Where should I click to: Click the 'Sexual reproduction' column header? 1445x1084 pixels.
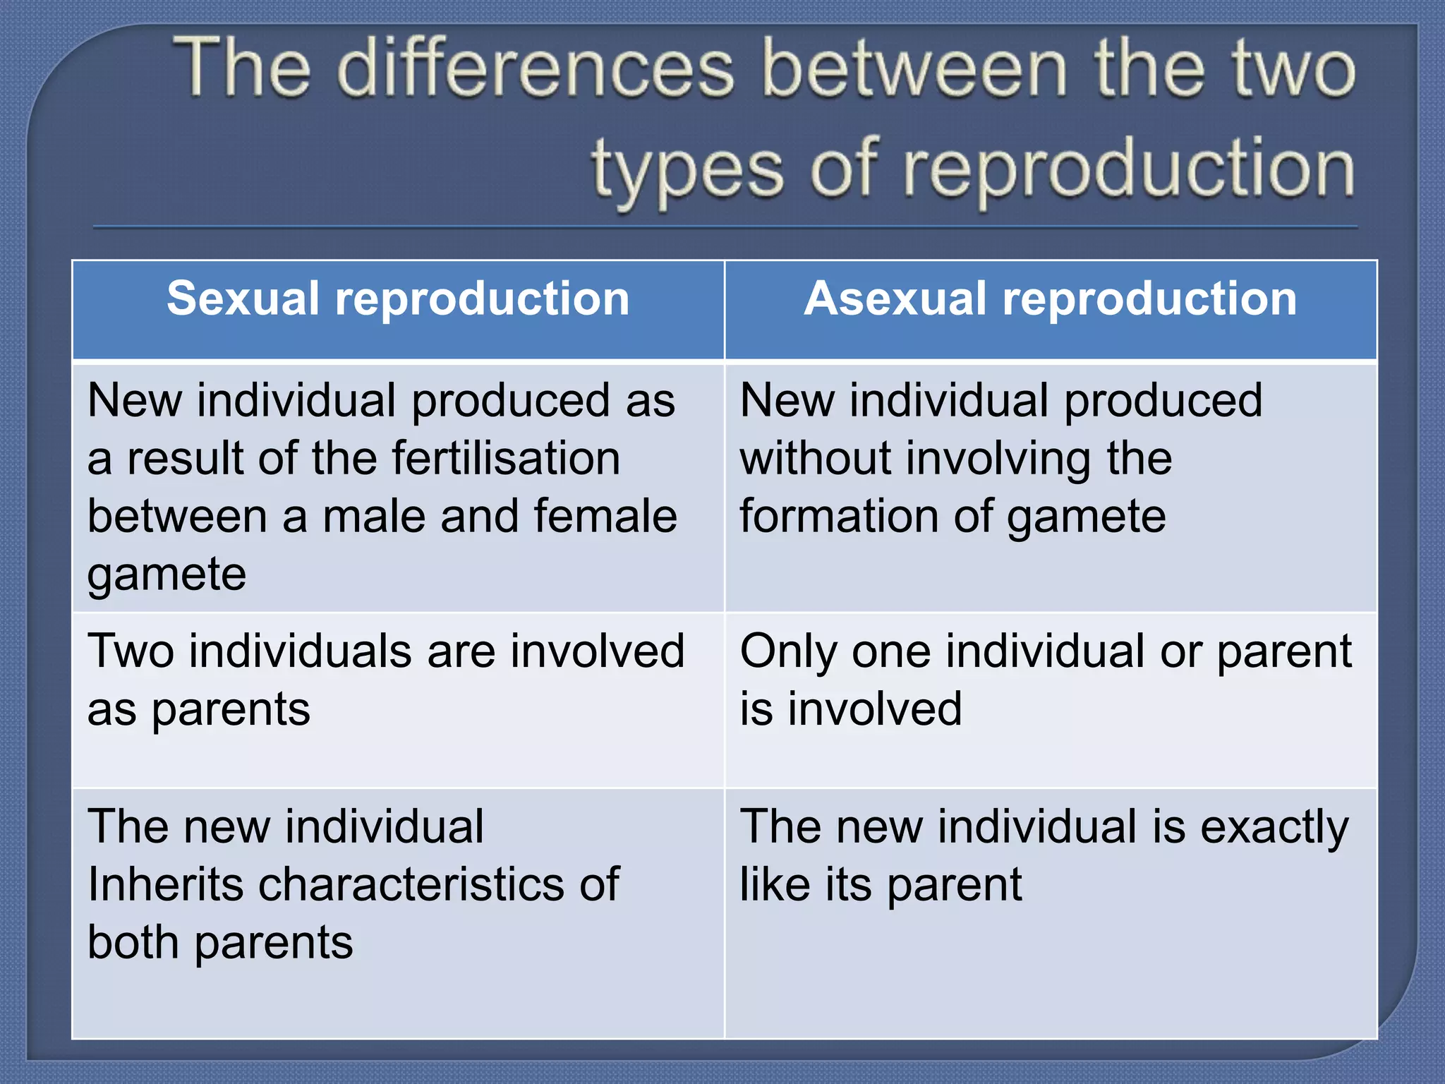pos(398,299)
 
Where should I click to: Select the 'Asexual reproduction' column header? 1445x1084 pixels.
pos(1050,299)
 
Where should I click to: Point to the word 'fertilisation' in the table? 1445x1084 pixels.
pos(506,459)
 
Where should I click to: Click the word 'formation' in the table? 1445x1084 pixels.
pos(839,517)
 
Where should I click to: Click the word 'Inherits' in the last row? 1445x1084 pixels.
pos(166,884)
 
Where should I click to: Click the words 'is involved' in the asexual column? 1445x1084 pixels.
pos(850,709)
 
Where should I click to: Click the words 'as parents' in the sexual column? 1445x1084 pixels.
pos(198,710)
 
